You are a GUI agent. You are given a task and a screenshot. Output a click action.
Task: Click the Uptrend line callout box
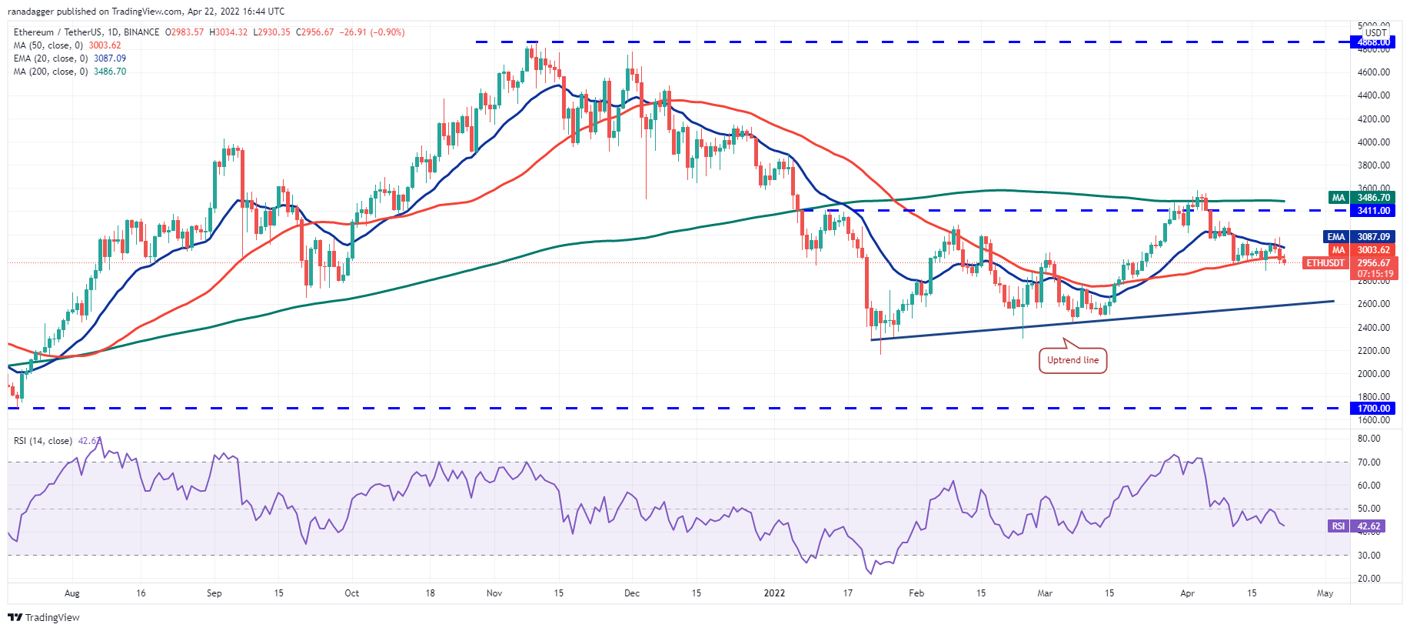(1072, 360)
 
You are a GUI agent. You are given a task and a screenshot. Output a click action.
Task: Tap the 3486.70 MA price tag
(1372, 198)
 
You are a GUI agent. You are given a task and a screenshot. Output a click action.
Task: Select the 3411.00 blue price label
(1372, 210)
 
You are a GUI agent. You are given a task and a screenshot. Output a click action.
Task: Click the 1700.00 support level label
(1372, 409)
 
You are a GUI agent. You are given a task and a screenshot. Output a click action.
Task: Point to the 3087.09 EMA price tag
(1372, 237)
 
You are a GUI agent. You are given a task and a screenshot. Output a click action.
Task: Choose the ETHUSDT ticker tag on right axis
(1325, 263)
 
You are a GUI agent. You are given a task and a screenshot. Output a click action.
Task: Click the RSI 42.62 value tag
(1368, 526)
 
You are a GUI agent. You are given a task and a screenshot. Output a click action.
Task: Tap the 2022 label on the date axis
(774, 593)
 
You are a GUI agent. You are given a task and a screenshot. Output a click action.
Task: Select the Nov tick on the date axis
(494, 593)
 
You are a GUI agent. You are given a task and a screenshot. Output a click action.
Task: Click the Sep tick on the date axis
(214, 593)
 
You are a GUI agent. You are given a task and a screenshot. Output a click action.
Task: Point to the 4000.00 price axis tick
(1373, 142)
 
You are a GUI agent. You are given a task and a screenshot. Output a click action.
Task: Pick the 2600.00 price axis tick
(1373, 304)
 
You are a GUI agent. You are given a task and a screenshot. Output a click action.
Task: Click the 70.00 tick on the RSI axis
(1368, 462)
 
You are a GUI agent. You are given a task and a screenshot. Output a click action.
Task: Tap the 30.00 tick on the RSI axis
(1368, 556)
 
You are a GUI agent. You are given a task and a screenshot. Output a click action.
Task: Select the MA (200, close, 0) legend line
(69, 72)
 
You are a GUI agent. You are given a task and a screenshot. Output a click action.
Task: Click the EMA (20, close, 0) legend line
(69, 58)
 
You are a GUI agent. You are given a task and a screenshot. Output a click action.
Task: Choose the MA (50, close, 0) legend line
(67, 45)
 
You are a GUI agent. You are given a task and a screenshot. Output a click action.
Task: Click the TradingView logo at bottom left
(44, 617)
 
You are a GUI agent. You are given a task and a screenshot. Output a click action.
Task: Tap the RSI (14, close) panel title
(43, 441)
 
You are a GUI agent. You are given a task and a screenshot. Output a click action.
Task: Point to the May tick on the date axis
(1325, 593)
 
